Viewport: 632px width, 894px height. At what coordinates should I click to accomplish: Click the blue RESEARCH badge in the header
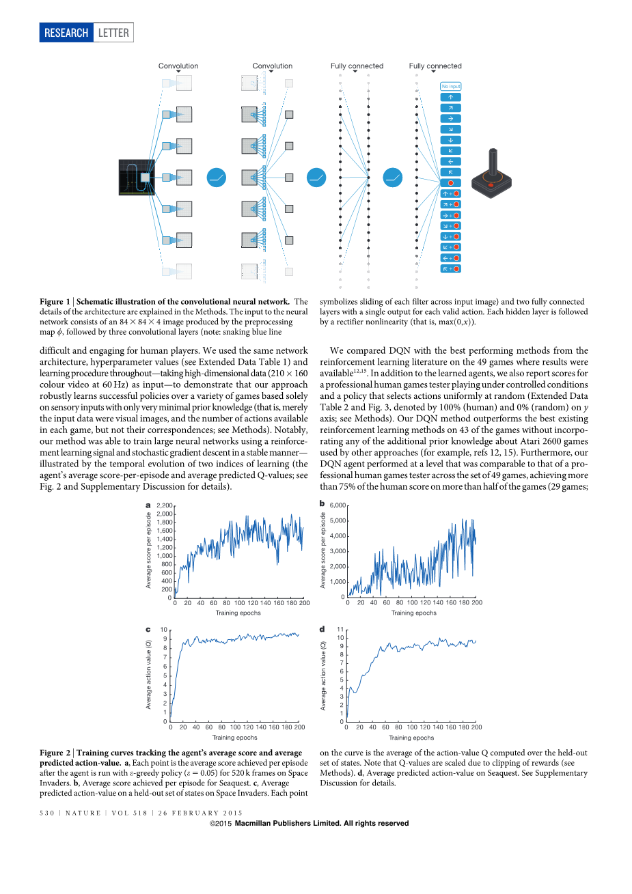pos(66,33)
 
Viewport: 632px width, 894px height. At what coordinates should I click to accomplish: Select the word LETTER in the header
pos(113,33)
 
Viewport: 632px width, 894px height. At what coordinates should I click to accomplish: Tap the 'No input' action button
pos(450,86)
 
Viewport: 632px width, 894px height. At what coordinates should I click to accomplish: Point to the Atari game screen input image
pos(137,178)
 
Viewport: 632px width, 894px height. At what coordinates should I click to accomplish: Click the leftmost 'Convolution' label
pos(178,66)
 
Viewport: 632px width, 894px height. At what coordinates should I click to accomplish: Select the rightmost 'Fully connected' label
pos(435,66)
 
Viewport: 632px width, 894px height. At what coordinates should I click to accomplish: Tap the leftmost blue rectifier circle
pos(216,178)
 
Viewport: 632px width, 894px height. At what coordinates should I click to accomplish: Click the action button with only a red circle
pos(450,183)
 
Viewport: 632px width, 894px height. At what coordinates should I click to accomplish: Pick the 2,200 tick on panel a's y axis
pos(165,506)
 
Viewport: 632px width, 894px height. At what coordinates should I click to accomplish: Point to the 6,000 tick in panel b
pos(338,505)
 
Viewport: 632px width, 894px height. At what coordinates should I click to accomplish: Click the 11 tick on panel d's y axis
pos(340,630)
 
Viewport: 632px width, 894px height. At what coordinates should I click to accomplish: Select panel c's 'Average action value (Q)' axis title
pos(148,674)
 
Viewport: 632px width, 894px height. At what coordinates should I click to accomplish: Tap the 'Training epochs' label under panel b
pos(413,613)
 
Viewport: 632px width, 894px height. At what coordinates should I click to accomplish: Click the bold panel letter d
pos(322,629)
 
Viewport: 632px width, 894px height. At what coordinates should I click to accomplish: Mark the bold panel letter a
pos(148,505)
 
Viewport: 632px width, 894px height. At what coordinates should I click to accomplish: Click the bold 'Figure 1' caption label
pos(55,302)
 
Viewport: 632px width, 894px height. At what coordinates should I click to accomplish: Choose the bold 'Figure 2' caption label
pos(55,753)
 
